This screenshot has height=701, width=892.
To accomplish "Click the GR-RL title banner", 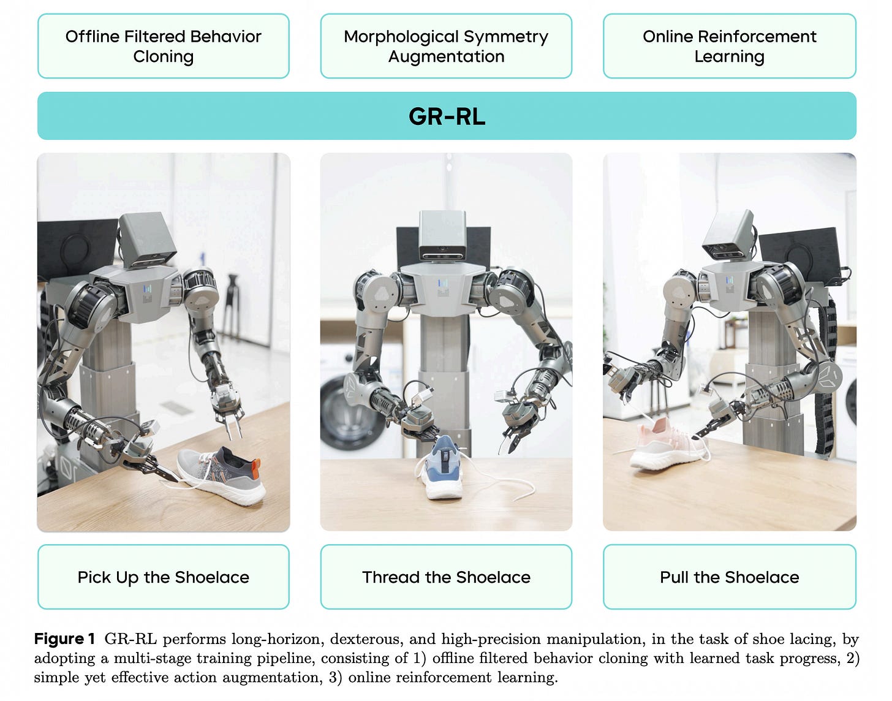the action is pyautogui.click(x=447, y=116).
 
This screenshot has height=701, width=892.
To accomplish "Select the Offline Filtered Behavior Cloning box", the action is pyautogui.click(x=164, y=47).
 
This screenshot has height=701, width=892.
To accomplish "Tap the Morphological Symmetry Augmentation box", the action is pyautogui.click(x=446, y=47).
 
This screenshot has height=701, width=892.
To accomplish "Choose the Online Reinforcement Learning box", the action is pyautogui.click(x=729, y=47).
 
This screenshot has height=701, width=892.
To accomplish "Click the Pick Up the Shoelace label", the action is pyautogui.click(x=164, y=577).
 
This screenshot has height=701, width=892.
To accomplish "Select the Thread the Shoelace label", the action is pyautogui.click(x=446, y=577).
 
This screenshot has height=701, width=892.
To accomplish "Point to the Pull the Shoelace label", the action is pyautogui.click(x=729, y=577).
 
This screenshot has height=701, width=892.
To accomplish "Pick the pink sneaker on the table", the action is pyautogui.click(x=665, y=442).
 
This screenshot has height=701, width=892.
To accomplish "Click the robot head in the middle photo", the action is pyautogui.click(x=442, y=236).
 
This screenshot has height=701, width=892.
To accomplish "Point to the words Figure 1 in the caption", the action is pyautogui.click(x=65, y=639).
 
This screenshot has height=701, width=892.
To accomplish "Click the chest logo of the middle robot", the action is pyautogui.click(x=442, y=287).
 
